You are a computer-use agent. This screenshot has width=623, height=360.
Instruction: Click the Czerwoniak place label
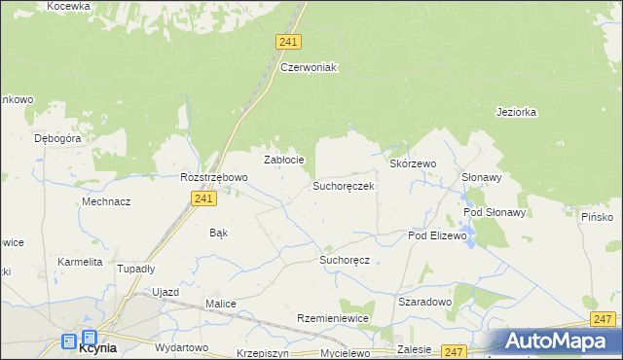(308, 67)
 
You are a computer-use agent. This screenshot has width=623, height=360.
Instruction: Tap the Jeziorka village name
(516, 112)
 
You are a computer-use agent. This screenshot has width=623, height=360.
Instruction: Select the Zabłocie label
(285, 160)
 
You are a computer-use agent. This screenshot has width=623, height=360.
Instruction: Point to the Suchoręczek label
(343, 185)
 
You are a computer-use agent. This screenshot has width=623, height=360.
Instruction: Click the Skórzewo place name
(413, 164)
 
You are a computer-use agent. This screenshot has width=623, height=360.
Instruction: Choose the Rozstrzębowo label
(214, 178)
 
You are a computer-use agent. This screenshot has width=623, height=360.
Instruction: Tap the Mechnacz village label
(107, 201)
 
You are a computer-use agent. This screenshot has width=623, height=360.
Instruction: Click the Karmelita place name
(80, 263)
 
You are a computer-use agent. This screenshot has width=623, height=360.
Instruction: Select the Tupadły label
(136, 269)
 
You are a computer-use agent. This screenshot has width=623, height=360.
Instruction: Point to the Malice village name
(220, 304)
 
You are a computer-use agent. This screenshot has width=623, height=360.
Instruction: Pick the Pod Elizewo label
(438, 235)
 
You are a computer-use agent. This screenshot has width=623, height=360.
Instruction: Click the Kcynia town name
(97, 346)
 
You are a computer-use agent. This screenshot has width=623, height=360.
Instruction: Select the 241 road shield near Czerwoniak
(288, 42)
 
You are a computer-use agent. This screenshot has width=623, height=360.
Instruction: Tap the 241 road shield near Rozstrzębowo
(202, 198)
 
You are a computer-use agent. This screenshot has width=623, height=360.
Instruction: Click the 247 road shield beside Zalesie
(454, 351)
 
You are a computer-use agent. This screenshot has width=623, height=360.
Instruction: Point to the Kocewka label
(69, 6)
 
